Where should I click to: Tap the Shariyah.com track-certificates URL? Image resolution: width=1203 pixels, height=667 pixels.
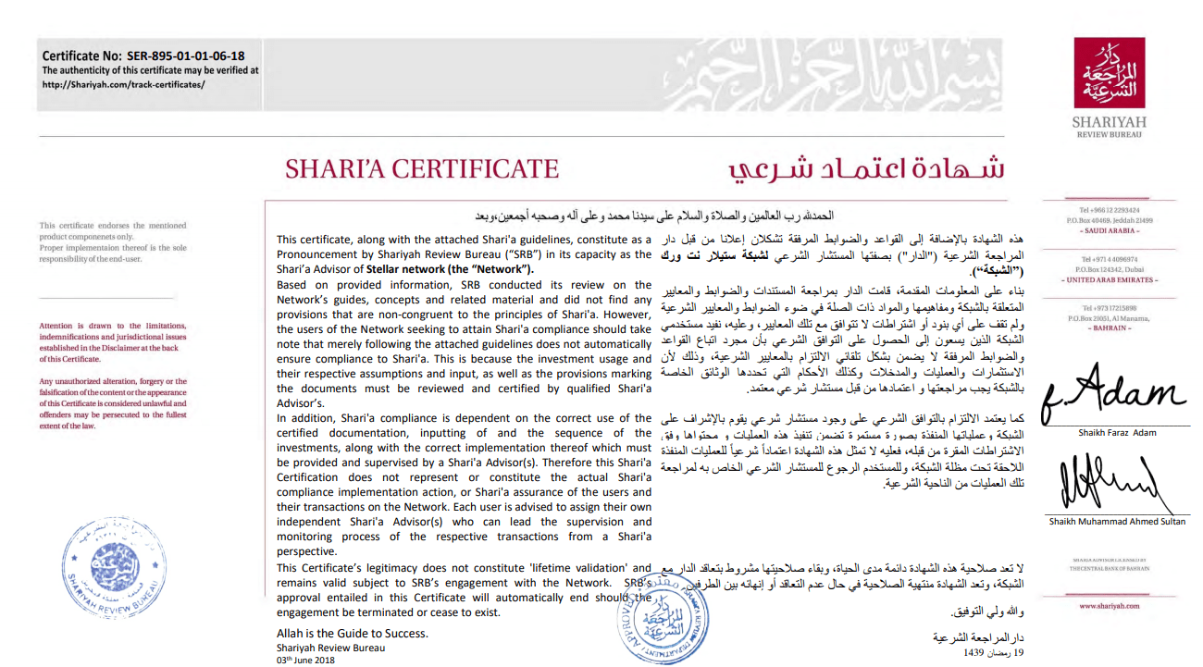tap(123, 84)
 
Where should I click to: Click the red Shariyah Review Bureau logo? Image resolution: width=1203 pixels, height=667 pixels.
tap(1108, 73)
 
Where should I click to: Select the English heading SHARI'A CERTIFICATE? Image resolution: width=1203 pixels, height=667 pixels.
tap(422, 169)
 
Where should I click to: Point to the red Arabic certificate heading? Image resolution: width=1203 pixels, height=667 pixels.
tap(866, 169)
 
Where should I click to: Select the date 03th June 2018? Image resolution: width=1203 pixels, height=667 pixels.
tap(305, 660)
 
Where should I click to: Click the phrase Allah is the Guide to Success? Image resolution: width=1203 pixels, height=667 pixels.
tap(353, 634)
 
